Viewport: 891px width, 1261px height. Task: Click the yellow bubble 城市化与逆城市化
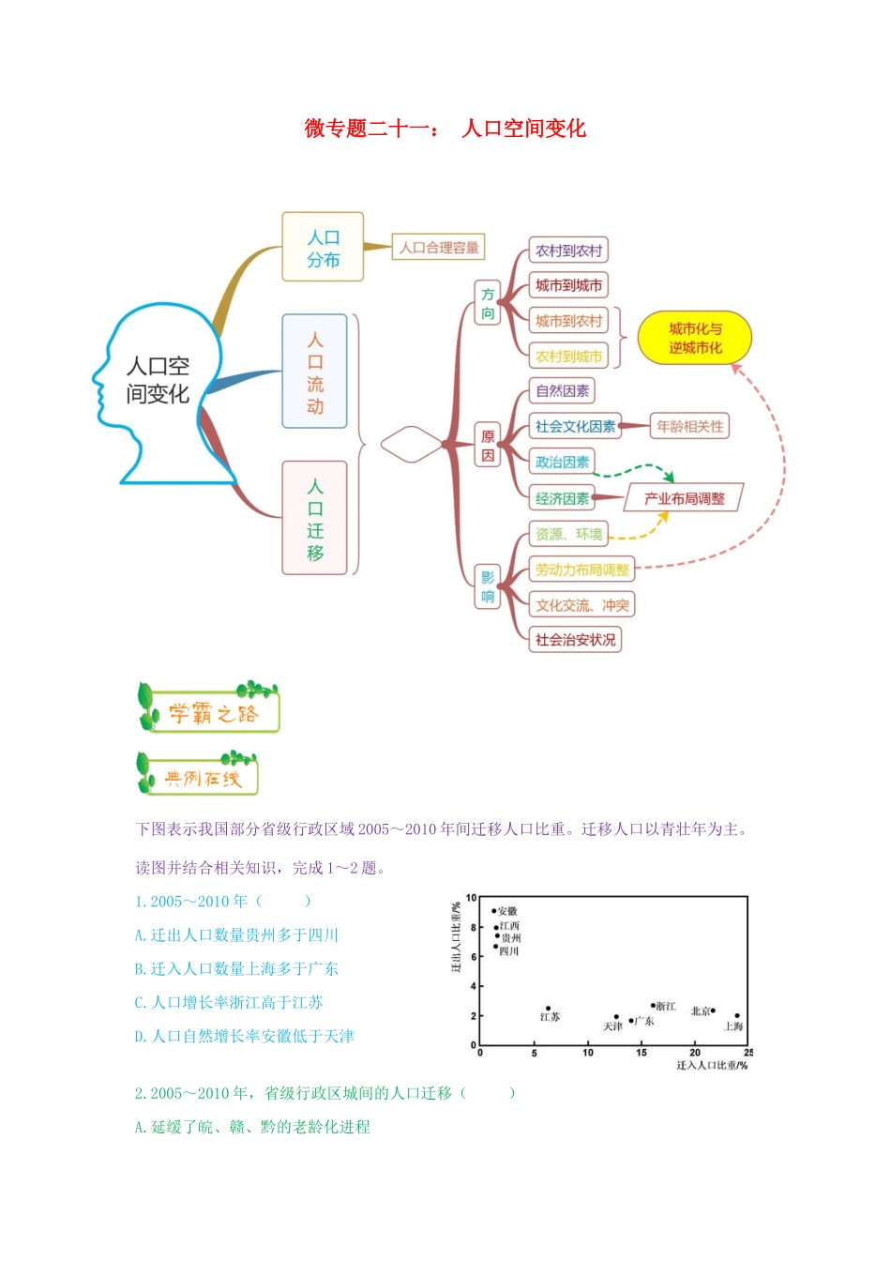point(695,339)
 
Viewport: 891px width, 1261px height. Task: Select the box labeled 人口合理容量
point(438,248)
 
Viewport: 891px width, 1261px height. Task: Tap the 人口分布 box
point(323,247)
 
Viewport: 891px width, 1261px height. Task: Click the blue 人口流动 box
point(315,372)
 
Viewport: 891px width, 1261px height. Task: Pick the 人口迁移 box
point(315,518)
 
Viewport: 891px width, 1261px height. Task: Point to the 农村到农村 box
point(568,251)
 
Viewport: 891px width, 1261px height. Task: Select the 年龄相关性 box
point(689,426)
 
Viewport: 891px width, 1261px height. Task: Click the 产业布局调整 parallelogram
point(684,498)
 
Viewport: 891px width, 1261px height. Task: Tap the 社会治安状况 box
point(575,640)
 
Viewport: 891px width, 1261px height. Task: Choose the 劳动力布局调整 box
point(581,570)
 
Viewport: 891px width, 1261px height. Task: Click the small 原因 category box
point(488,446)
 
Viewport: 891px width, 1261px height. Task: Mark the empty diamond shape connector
point(411,445)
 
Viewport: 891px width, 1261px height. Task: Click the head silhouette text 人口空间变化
point(158,380)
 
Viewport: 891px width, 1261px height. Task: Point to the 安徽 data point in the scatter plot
point(494,911)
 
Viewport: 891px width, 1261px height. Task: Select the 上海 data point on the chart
point(737,1016)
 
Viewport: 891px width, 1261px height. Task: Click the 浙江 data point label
point(665,1006)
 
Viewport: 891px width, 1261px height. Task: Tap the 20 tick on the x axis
point(695,1053)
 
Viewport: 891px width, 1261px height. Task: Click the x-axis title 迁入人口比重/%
point(712,1065)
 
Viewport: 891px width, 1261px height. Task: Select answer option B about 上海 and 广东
point(236,969)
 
